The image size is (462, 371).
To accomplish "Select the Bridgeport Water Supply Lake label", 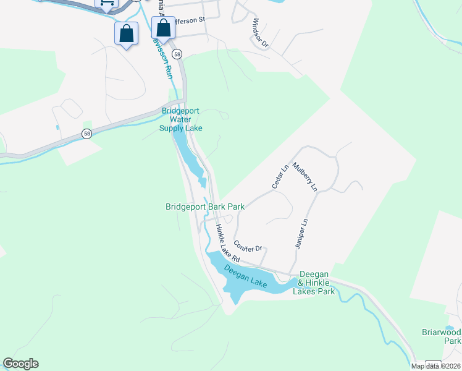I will tap(182, 119).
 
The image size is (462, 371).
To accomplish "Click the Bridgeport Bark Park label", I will tap(205, 207).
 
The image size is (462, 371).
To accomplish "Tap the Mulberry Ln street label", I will tap(304, 176).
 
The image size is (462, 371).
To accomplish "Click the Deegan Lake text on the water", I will tap(245, 276).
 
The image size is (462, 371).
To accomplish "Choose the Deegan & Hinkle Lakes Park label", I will tap(316, 283).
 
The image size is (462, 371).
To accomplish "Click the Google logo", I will tap(20, 364).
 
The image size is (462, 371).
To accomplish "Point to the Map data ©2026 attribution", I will tap(436, 366).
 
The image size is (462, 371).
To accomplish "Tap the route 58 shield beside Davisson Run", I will tap(177, 54).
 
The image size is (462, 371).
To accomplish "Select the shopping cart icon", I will tap(107, 3).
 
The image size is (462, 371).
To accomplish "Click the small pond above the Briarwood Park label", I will tap(450, 328).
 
